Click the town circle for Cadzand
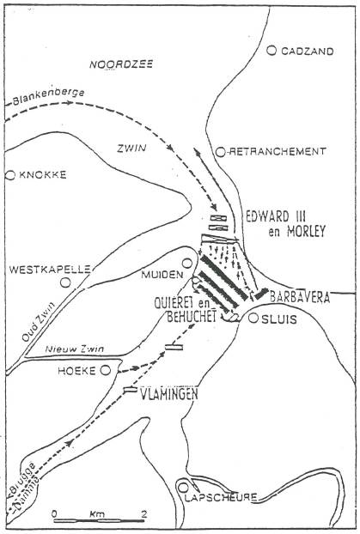(272, 51)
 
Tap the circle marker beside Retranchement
(222, 151)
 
